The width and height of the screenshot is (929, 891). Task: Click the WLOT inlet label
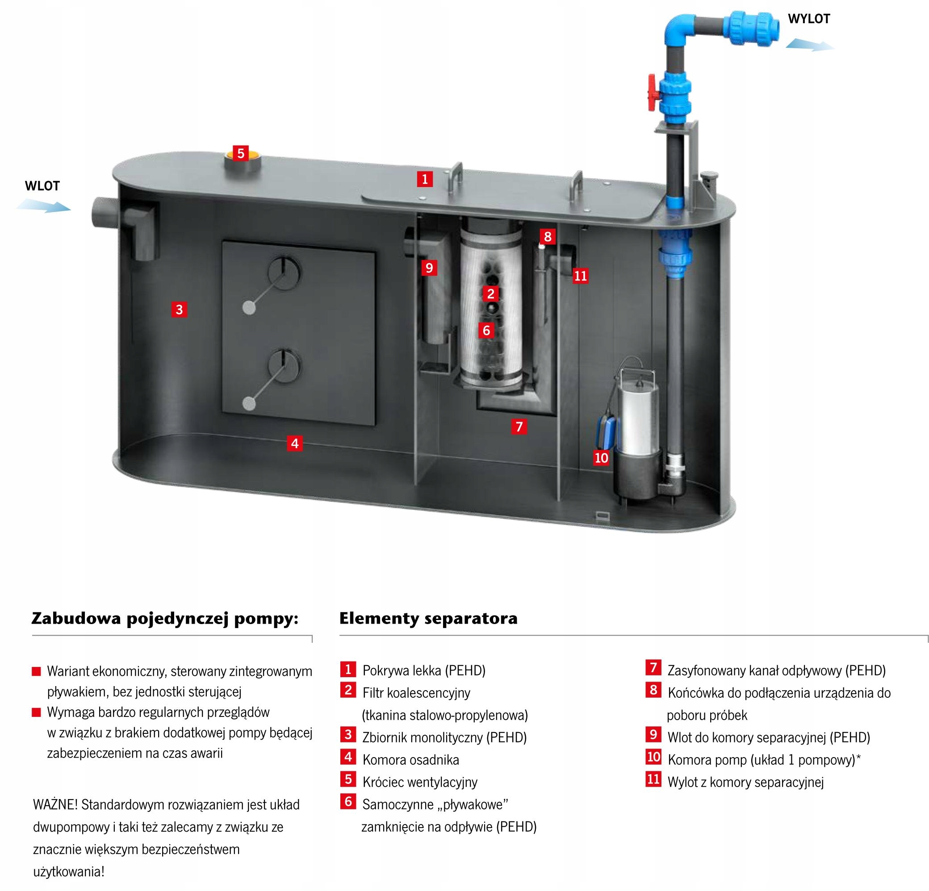click(42, 186)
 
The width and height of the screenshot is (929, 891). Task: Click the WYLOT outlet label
click(808, 19)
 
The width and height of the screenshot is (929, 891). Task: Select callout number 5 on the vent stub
click(240, 154)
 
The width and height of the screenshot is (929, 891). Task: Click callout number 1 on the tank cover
click(425, 179)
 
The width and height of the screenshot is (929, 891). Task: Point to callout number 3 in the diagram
click(179, 310)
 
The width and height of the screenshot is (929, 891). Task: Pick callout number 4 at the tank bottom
click(295, 443)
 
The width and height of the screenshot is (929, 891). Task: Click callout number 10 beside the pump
click(601, 458)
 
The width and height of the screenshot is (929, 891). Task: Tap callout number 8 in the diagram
click(548, 237)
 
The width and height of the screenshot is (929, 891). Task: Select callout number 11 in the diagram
click(580, 276)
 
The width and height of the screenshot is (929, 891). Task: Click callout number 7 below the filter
click(519, 427)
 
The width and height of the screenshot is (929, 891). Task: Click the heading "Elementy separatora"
click(428, 619)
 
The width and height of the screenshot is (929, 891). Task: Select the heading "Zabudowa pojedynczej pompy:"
click(165, 619)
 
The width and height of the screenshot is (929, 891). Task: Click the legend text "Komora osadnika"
click(410, 760)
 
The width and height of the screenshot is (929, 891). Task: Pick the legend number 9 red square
click(653, 735)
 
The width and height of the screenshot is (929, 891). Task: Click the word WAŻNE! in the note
click(54, 804)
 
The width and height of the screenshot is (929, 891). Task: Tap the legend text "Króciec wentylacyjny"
click(419, 782)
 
